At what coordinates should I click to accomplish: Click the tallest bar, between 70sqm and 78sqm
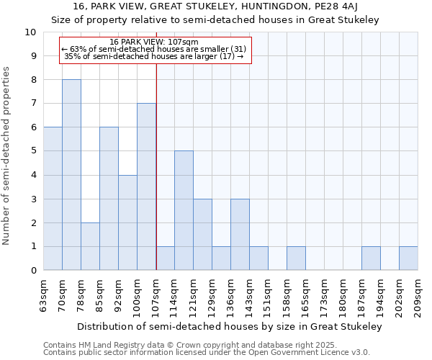pos(71,175)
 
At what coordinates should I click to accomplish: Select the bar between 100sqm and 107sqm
pos(146,186)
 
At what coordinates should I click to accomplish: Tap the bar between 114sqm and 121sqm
pos(184,210)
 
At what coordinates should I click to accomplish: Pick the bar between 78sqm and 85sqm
pos(90,246)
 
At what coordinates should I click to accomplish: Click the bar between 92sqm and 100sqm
pos(127,222)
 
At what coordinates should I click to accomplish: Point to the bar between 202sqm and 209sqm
pos(408,258)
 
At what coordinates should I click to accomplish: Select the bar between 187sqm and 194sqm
pos(371,258)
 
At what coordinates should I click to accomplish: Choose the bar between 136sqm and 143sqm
pos(240,234)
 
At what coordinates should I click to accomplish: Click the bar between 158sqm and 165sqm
pos(296,258)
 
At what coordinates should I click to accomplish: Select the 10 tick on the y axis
pos(31,32)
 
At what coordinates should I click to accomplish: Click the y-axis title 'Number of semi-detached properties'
pos(7,156)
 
